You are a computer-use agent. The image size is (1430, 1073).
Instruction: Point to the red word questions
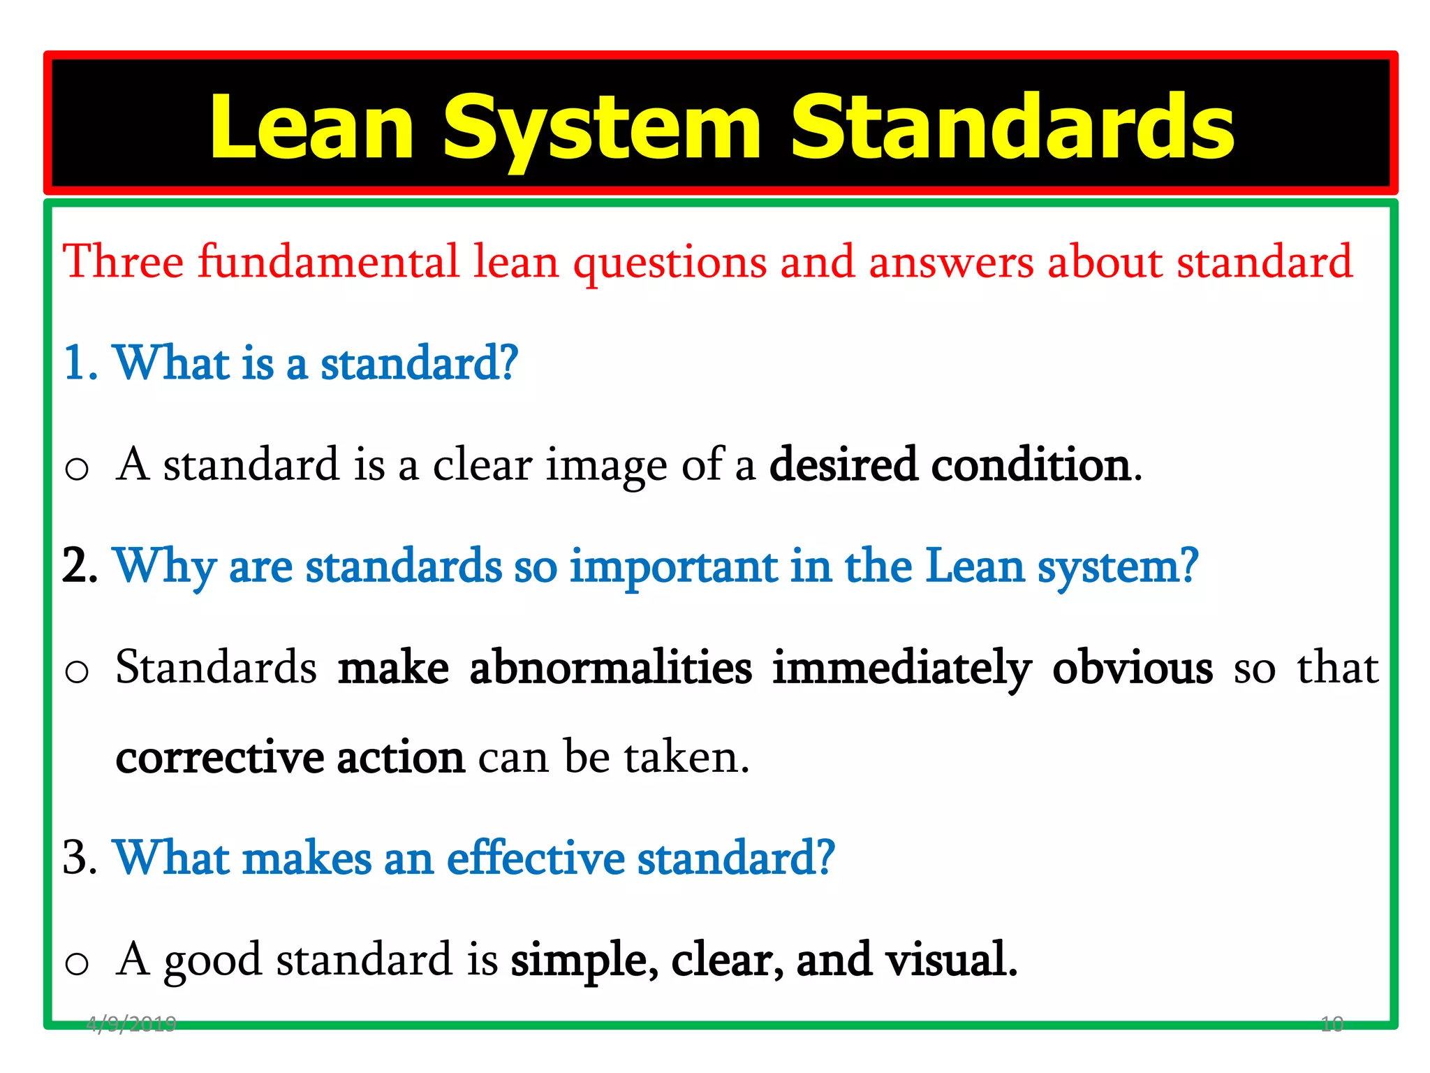click(x=670, y=263)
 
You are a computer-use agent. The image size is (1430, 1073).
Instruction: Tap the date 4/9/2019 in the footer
click(x=131, y=1024)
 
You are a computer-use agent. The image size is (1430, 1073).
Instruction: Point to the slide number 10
click(x=1332, y=1024)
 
